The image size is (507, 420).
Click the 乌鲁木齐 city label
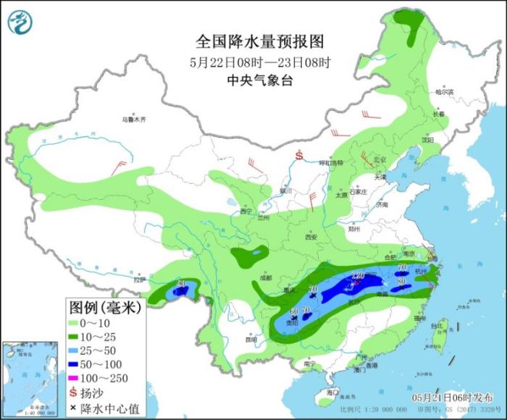pyautogui.click(x=133, y=119)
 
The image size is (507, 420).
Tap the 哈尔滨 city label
pyautogui.click(x=443, y=93)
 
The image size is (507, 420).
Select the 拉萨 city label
pyautogui.click(x=140, y=280)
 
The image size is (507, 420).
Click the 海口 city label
pyautogui.click(x=332, y=392)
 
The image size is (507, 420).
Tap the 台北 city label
pyautogui.click(x=436, y=326)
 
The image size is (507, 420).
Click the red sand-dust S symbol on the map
pyautogui.click(x=298, y=155)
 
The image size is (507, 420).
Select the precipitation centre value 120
pyautogui.click(x=357, y=275)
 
